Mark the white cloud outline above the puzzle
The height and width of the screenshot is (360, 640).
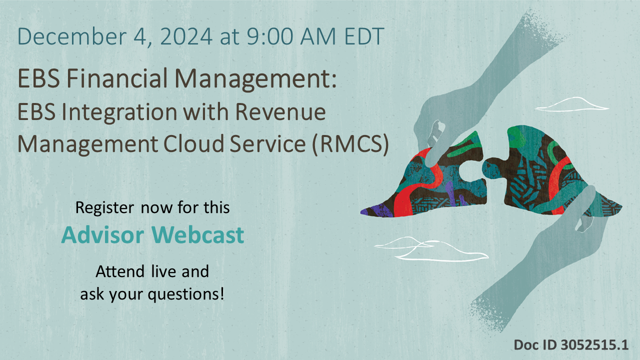572,104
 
